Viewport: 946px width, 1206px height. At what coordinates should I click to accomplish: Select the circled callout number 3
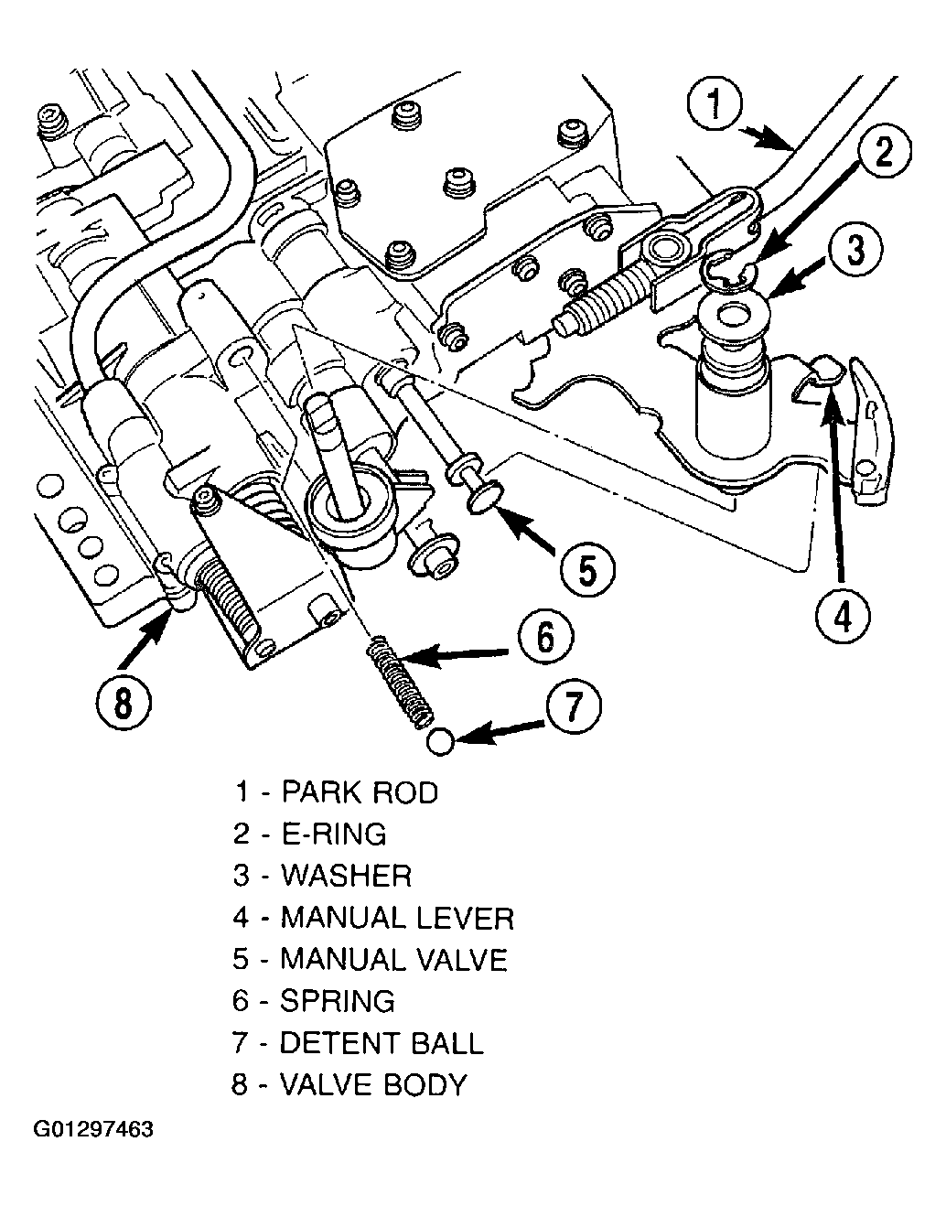(x=856, y=252)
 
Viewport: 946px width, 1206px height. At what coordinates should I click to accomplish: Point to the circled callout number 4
(x=843, y=616)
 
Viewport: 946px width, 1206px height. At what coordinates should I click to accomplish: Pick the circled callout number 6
(x=546, y=639)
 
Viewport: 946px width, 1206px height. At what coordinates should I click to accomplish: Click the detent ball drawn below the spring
(x=441, y=741)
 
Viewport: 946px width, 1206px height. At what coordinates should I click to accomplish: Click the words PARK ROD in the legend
(x=360, y=792)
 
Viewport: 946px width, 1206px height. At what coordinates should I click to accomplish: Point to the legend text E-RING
(x=334, y=835)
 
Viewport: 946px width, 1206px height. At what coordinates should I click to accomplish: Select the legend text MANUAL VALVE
(x=393, y=960)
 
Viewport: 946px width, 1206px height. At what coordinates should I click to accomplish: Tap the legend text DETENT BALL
(x=382, y=1043)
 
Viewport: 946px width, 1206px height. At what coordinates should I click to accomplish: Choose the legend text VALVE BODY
(x=373, y=1085)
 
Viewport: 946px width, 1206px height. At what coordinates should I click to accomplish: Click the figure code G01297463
(x=93, y=1129)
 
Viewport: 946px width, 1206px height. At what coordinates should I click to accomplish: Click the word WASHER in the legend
(x=347, y=876)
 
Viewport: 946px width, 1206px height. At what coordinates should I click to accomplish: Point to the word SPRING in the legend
(x=338, y=1001)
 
